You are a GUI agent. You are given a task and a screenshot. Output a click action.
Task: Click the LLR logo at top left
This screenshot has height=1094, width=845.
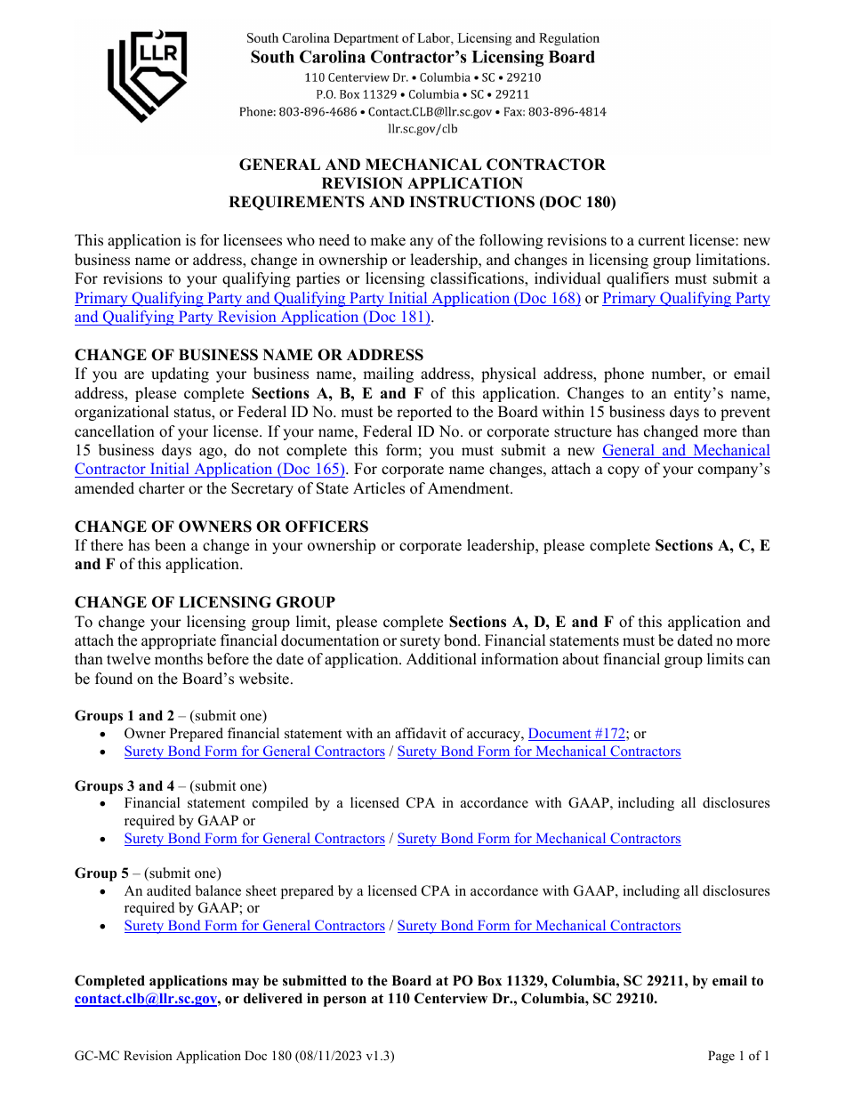tap(147, 76)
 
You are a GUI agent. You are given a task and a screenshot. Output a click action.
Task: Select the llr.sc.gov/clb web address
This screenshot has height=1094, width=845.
tap(422, 129)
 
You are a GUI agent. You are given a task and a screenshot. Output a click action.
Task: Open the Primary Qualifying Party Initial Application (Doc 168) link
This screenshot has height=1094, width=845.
tap(327, 299)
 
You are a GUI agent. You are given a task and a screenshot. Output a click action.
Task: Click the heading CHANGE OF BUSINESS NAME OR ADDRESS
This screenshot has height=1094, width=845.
tap(249, 356)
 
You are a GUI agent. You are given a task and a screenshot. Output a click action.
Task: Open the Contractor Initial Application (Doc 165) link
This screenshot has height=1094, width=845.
tap(210, 470)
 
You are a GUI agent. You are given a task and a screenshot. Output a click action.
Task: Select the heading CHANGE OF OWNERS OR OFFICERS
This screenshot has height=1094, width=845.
tap(221, 527)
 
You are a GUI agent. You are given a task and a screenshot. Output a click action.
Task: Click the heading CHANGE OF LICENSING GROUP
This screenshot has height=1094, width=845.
tap(205, 603)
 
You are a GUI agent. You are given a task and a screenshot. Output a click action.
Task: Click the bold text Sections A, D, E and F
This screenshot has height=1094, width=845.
tap(532, 623)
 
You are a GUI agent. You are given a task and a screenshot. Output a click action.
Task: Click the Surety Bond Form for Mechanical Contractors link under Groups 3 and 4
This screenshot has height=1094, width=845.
tap(538, 839)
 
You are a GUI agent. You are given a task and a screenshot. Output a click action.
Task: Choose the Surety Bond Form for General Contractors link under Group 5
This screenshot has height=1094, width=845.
tap(254, 926)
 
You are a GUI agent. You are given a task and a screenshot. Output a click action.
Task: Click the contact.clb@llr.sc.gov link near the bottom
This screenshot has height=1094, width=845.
tap(146, 1000)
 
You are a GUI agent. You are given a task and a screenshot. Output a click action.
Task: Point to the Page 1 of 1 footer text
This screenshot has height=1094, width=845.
tap(737, 1057)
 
